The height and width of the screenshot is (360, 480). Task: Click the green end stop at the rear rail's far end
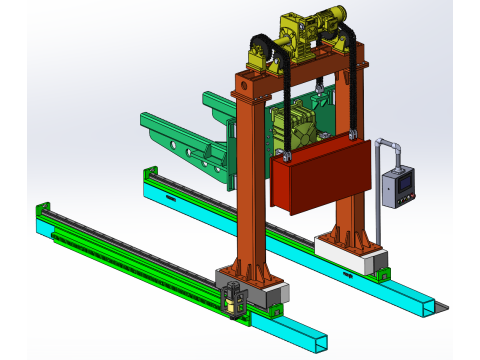pyautogui.click(x=151, y=172)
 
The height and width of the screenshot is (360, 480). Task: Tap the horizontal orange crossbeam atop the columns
pyautogui.click(x=300, y=80)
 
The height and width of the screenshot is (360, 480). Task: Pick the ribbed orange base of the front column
pyautogui.click(x=246, y=272)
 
